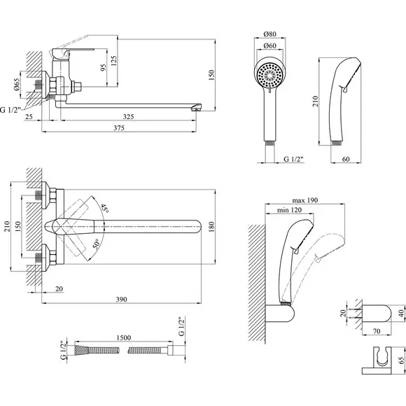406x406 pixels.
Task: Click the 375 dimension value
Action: [119, 127]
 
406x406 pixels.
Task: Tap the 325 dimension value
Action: [128, 116]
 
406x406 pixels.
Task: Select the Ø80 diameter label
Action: [269, 34]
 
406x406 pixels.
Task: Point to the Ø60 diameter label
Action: [269, 45]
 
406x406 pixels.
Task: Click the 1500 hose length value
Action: [124, 337]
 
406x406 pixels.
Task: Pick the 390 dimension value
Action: [121, 300]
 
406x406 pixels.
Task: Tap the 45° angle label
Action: [104, 208]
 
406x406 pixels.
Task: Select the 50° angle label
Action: [96, 244]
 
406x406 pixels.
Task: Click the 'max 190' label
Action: [304, 200]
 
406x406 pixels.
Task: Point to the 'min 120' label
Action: [289, 210]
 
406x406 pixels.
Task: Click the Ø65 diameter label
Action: [16, 85]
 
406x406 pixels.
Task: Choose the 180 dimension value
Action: [211, 227]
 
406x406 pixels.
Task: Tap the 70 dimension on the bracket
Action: [377, 331]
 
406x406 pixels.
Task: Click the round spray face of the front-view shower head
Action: [269, 76]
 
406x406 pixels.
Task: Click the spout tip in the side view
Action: [196, 107]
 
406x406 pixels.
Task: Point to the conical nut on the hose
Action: [82, 351]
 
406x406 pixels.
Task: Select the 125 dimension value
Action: [113, 61]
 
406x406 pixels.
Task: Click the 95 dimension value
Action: [103, 68]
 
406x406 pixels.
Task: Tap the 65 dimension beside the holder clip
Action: [401, 360]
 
